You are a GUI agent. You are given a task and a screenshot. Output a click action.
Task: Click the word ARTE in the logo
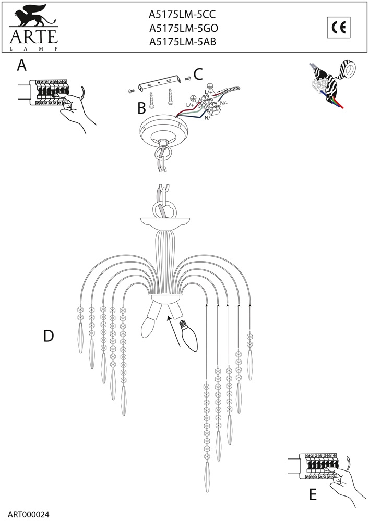(x=32, y=38)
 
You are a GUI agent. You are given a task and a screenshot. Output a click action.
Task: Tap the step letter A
(x=21, y=66)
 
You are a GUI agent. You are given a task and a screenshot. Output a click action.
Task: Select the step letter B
(x=141, y=108)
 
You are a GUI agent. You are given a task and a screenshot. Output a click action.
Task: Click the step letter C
(x=198, y=74)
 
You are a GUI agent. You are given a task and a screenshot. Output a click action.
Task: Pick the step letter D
(x=49, y=337)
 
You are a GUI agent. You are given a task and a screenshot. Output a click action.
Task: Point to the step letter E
(x=313, y=494)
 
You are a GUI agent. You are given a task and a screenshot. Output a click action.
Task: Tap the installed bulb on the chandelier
(x=148, y=326)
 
